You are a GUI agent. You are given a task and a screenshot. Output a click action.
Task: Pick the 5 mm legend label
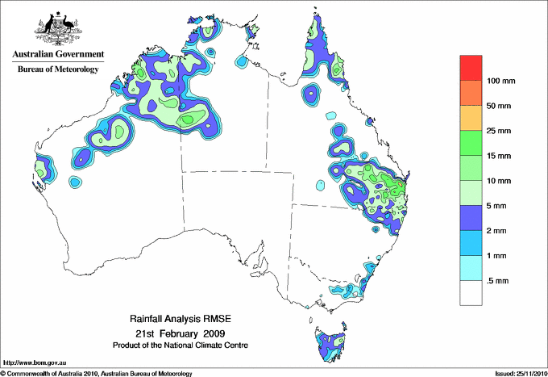click(496, 206)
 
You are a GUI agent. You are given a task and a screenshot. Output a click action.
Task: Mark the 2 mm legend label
click(496, 231)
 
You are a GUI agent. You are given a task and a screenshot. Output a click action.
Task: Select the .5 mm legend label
click(497, 280)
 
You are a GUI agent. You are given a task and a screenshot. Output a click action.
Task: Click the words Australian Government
click(57, 54)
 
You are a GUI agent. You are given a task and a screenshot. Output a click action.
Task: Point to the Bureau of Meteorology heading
click(57, 69)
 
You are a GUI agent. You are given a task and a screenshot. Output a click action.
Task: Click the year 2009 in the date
click(214, 333)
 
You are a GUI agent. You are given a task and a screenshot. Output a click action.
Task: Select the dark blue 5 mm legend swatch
click(471, 217)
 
